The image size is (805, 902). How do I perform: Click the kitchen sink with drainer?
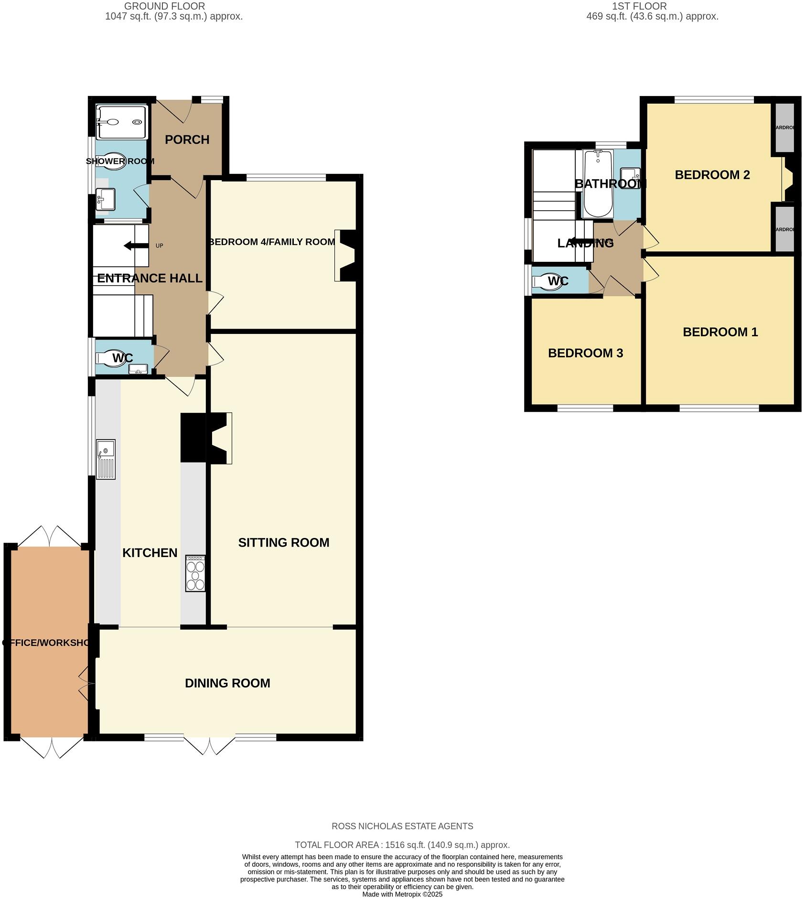coord(106,459)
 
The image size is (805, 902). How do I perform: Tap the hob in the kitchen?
coord(195,573)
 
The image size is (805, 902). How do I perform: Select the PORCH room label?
coord(187,140)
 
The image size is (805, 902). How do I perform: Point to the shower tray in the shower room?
coord(121,122)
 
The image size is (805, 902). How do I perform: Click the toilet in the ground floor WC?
coord(111,358)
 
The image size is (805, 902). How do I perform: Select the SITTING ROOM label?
coord(283,542)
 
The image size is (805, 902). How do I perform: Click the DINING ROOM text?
coord(227,683)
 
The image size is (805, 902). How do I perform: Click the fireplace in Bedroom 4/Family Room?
coord(345,255)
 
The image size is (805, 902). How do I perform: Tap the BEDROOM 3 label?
coord(585,353)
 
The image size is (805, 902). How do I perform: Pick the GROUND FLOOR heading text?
coord(164,6)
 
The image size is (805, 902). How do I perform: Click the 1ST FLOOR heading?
coord(639,6)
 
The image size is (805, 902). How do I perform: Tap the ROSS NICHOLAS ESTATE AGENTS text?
coord(402,826)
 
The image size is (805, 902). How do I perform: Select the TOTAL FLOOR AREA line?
coord(402,845)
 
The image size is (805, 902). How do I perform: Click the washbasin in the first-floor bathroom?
coord(630,178)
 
